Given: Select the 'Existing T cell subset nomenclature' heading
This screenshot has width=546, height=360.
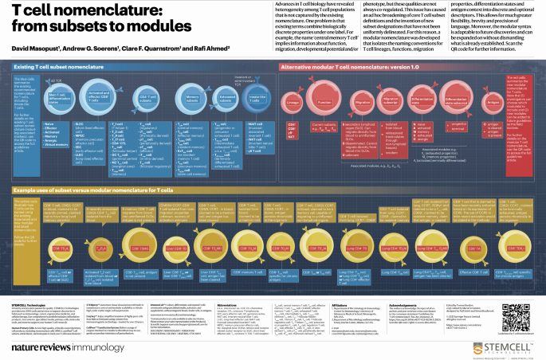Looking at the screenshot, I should click(x=56, y=69).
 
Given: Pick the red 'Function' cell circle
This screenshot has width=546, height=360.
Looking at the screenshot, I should click(x=325, y=103).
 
